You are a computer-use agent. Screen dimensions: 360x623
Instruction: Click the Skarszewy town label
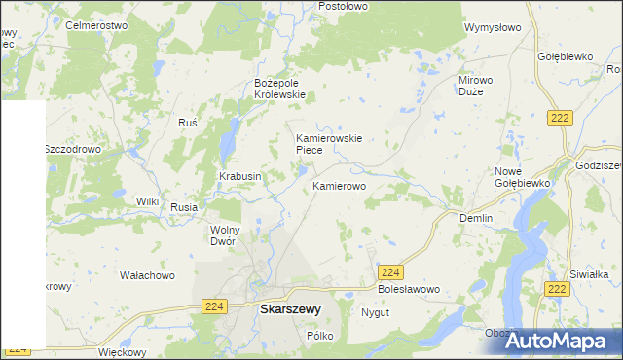click(x=290, y=309)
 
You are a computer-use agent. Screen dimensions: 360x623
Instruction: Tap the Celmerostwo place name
click(x=97, y=24)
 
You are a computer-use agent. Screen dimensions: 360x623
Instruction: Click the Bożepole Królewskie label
click(x=280, y=89)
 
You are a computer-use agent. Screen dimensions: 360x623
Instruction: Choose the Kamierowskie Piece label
click(x=329, y=144)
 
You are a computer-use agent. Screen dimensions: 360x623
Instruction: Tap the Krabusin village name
click(x=239, y=176)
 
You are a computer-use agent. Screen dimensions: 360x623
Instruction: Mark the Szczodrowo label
click(x=73, y=150)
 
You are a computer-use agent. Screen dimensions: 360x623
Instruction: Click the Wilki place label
click(x=147, y=201)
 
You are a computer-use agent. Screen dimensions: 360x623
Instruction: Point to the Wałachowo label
click(x=147, y=275)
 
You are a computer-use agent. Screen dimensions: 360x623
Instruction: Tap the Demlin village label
click(x=476, y=219)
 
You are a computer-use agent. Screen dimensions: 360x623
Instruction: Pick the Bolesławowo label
click(x=409, y=290)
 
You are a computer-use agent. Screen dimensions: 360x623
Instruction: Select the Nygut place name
click(x=375, y=313)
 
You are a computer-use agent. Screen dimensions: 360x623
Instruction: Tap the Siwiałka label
click(x=589, y=274)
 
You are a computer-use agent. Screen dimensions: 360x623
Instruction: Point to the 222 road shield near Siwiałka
click(x=557, y=289)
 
